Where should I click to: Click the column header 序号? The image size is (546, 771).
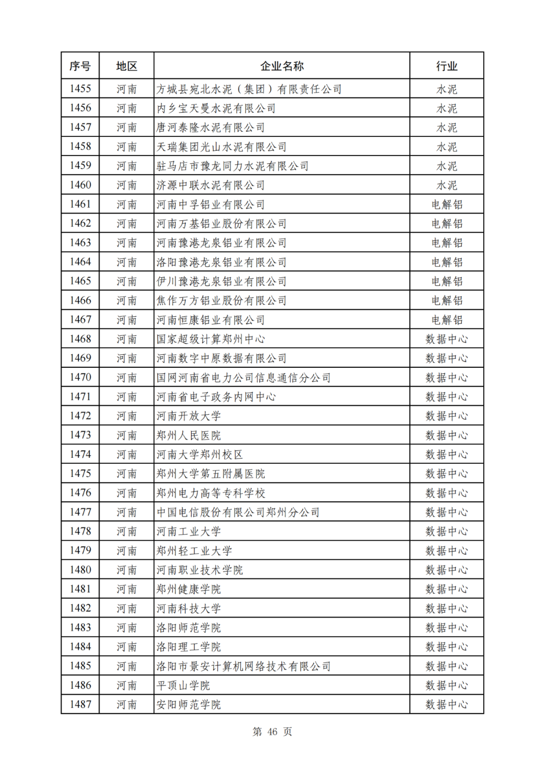(x=80, y=66)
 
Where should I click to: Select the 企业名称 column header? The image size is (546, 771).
(x=282, y=66)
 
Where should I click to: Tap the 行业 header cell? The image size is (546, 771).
(x=446, y=66)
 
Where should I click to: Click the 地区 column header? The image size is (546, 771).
(x=126, y=66)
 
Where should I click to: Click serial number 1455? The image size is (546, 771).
(x=80, y=89)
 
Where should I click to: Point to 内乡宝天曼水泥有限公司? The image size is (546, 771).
(x=216, y=108)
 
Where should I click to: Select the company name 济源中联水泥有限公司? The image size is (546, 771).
(x=210, y=185)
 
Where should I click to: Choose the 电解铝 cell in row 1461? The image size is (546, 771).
(x=446, y=205)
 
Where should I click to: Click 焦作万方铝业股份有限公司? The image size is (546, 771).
(x=221, y=301)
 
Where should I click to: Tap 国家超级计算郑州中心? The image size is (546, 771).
(x=210, y=339)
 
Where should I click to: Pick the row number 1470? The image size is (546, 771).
(x=80, y=377)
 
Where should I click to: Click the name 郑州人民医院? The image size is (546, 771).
(x=189, y=436)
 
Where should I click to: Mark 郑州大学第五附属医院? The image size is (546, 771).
(x=210, y=474)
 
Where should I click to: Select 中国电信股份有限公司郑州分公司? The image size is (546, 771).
(x=238, y=512)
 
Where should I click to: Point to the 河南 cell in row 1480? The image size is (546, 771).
(x=126, y=570)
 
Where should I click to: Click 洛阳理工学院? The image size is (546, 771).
(x=189, y=647)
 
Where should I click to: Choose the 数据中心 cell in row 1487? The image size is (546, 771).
(x=446, y=704)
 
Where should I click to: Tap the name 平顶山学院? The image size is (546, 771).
(x=183, y=686)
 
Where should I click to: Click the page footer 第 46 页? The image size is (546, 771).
(x=272, y=732)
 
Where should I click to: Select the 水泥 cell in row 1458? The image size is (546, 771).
(x=446, y=147)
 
